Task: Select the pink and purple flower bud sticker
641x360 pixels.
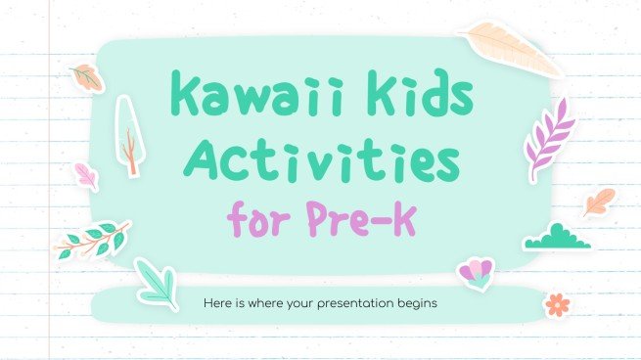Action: (x=475, y=275)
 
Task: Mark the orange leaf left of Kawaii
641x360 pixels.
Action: (x=88, y=77)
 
